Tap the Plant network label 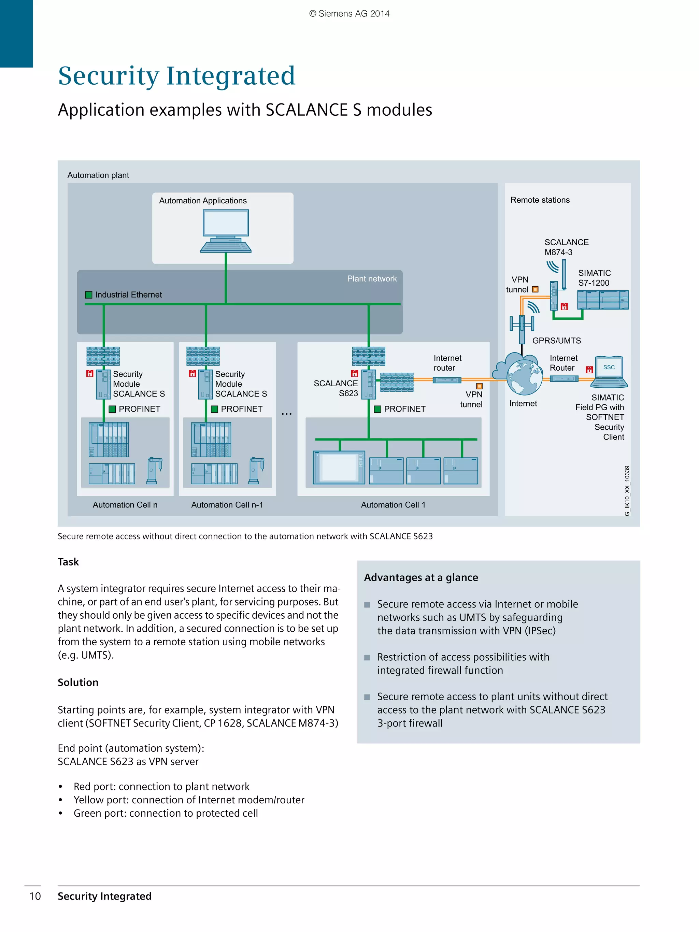(x=372, y=278)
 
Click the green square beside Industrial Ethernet (x=88, y=295)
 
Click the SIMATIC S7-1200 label (x=594, y=278)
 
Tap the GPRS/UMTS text (x=556, y=341)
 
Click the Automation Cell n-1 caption (x=227, y=505)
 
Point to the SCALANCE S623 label (x=336, y=388)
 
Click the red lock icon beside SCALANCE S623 (x=354, y=373)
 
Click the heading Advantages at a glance (x=420, y=577)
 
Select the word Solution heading (x=78, y=682)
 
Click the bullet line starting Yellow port (x=188, y=800)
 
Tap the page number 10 (x=35, y=896)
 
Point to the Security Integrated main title (x=176, y=76)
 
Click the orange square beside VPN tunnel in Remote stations (x=535, y=289)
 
